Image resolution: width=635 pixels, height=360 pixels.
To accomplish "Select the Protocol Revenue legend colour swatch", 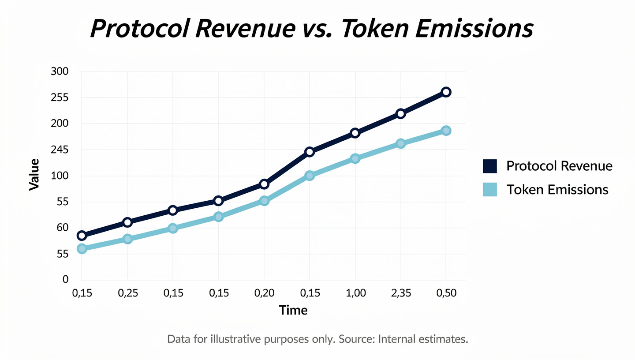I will pos(490,166).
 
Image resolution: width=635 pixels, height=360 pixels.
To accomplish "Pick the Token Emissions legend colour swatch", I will pos(490,190).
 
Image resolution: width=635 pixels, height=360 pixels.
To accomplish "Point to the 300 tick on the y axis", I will pos(60,71).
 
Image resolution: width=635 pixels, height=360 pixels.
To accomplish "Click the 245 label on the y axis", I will pos(60,150).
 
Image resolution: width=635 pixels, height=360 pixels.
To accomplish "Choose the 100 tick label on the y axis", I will pos(60,176).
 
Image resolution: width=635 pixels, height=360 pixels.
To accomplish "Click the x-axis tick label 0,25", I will pos(127,293).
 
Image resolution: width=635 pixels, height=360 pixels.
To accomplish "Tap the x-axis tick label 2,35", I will pos(400,293).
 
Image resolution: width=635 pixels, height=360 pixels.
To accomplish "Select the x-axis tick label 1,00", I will pos(355,293).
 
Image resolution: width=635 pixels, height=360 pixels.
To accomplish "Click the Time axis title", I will pos(293,310).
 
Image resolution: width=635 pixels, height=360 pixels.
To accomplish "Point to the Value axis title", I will pos(34,175).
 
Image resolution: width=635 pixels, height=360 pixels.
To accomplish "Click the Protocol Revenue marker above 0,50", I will pos(446,92).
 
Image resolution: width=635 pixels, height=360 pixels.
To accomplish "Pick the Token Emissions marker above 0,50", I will pos(446,131).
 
